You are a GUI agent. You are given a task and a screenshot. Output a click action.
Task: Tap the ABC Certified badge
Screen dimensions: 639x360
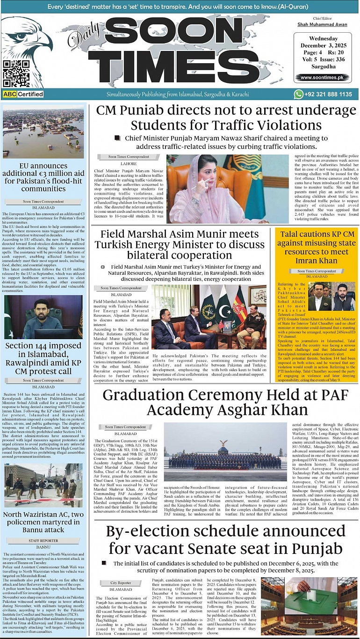point(23,94)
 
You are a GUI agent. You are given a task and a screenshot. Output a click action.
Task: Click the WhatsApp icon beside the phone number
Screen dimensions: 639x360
point(299,94)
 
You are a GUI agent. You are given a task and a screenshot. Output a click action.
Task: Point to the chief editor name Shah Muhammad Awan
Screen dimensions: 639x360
point(323,24)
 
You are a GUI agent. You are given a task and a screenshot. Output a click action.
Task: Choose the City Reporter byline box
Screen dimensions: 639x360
point(121,583)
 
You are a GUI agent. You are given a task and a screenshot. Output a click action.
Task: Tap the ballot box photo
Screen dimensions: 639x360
point(309,606)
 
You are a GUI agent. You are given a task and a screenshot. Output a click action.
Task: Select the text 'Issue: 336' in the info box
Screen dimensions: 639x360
point(327,59)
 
